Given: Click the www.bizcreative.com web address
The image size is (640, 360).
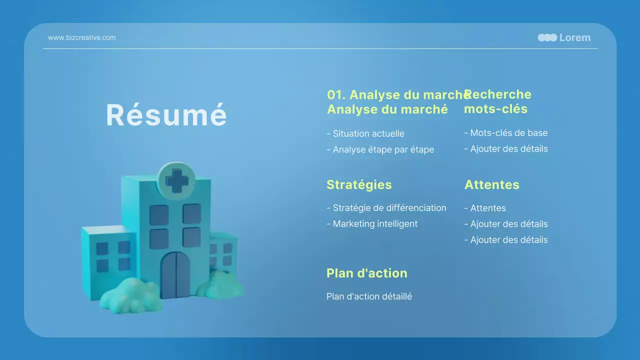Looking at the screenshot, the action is tap(81, 37).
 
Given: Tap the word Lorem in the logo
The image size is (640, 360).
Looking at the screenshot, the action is tap(574, 37).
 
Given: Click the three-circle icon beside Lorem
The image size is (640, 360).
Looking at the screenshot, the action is tap(547, 37).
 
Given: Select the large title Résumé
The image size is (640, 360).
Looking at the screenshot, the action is tap(166, 114).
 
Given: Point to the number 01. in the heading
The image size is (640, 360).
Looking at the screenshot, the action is tap(336, 95).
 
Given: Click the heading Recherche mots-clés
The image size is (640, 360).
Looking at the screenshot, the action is tap(497, 101).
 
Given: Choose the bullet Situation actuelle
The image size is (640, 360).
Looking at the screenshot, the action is tap(365, 133).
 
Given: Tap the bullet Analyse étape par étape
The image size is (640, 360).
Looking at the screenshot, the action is tap(380, 149).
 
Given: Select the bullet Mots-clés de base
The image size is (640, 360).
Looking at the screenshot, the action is tap(506, 133).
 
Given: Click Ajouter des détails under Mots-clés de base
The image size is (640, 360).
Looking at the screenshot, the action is tap(506, 148).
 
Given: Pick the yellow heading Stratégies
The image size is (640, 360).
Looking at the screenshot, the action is tap(359, 185).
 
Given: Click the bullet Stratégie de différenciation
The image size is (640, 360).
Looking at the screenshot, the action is tap(386, 207).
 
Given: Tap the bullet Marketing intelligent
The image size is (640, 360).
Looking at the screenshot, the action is tap(372, 223).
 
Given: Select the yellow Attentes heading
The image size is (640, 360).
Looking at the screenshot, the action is tap(492, 184).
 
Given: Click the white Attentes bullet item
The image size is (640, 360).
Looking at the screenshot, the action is tap(485, 208).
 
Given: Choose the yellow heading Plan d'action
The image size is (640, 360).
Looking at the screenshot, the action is tap(367, 273).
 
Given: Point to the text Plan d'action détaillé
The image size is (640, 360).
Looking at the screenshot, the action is tap(369, 296).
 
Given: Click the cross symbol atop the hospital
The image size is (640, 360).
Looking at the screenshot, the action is tap(177, 181).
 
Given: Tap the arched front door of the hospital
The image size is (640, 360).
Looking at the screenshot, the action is tap(175, 274).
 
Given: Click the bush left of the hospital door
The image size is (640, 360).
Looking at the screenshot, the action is tap(130, 295).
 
